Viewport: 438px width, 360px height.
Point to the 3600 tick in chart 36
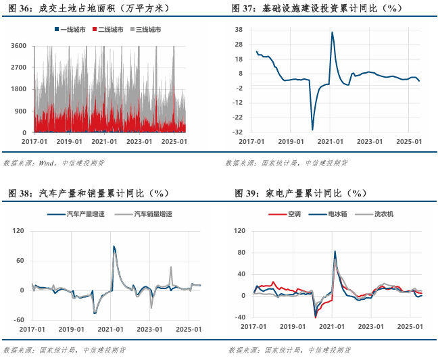click(x=18, y=46)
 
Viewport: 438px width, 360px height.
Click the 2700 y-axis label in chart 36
click(x=18, y=68)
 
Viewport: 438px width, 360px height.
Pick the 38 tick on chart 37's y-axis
click(x=239, y=30)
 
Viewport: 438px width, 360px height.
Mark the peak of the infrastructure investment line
click(x=332, y=32)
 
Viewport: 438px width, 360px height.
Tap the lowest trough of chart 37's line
click(x=312, y=129)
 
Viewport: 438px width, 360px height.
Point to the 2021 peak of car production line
click(x=114, y=247)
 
